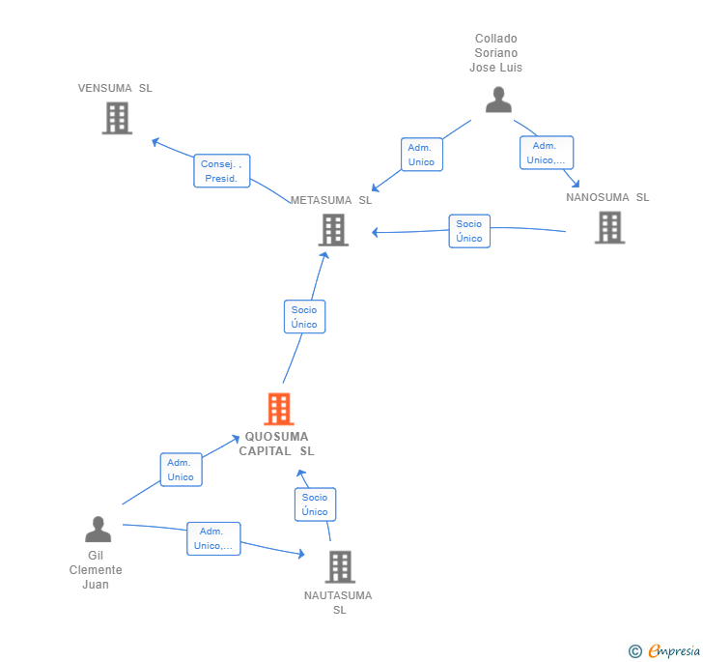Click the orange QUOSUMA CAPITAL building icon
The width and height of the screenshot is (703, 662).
[279, 409]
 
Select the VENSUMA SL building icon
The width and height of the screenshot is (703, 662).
[117, 118]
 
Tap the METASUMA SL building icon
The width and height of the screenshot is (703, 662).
[333, 230]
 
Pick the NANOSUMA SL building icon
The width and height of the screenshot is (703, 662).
[609, 227]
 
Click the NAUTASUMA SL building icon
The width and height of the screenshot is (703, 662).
[340, 567]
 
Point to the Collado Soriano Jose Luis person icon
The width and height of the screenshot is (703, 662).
[498, 100]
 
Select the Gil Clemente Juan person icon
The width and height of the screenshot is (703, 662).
[98, 530]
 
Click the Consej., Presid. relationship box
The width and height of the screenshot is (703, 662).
[222, 171]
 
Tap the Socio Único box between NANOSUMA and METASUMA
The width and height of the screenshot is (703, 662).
[469, 231]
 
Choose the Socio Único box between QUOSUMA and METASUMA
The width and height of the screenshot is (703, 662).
[305, 317]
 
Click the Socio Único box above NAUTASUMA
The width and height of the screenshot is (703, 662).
[315, 504]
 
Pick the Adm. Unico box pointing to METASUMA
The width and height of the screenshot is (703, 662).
[422, 155]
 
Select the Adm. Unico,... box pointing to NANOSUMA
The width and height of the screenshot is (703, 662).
[547, 153]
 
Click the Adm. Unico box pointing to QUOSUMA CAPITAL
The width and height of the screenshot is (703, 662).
[182, 470]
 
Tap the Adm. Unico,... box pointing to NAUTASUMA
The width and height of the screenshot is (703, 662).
[213, 538]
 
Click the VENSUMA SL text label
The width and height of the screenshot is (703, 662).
[115, 88]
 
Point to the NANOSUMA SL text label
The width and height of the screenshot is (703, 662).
[607, 197]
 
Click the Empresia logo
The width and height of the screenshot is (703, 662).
[665, 650]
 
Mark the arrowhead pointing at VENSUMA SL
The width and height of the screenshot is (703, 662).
[155, 142]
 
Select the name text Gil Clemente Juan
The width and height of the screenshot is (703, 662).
[96, 570]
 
